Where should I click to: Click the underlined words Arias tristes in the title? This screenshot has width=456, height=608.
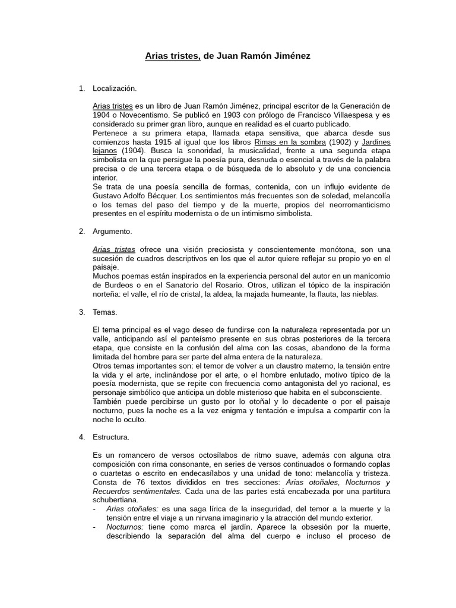(x=173, y=56)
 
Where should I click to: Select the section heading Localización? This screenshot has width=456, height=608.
(x=115, y=88)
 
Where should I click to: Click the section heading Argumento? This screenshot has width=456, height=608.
(x=112, y=231)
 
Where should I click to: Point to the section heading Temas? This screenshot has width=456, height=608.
(x=105, y=312)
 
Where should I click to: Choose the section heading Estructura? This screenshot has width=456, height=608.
(x=111, y=437)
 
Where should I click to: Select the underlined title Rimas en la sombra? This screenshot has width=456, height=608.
(x=290, y=142)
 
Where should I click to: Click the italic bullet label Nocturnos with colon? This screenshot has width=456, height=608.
(x=125, y=527)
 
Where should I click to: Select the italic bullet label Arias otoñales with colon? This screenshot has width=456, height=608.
(x=132, y=509)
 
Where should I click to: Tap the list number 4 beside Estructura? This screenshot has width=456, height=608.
(x=81, y=437)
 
